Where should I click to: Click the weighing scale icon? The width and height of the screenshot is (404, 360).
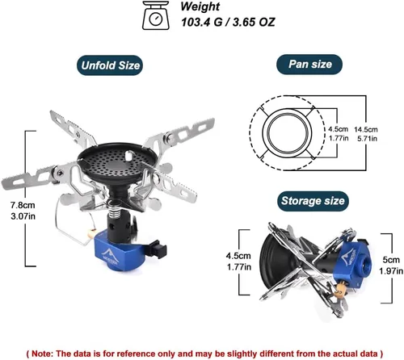point(156,15)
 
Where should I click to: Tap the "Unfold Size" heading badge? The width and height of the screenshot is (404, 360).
point(110,65)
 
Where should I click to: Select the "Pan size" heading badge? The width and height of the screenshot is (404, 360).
point(309,65)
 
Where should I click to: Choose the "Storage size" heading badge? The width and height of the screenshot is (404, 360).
point(313,201)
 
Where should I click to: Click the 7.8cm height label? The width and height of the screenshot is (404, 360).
point(23,205)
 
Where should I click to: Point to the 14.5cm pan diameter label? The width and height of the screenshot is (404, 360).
point(366,129)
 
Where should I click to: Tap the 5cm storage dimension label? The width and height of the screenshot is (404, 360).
point(391,260)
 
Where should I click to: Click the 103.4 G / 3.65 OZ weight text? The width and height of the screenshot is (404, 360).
point(228,22)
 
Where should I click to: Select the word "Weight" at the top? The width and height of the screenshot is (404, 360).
point(200,6)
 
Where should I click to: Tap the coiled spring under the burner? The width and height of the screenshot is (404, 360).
point(116,207)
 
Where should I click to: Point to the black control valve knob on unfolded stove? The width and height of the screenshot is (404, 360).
point(157,249)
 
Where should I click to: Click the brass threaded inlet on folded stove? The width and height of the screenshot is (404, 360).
point(340,291)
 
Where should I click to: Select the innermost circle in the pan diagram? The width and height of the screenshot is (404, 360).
point(288,132)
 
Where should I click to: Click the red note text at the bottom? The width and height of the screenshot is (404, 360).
point(204,353)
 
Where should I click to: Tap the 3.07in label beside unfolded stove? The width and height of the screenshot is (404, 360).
point(23,216)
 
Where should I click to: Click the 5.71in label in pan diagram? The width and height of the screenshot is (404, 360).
point(367,139)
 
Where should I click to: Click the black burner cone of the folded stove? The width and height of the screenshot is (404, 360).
point(272,262)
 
